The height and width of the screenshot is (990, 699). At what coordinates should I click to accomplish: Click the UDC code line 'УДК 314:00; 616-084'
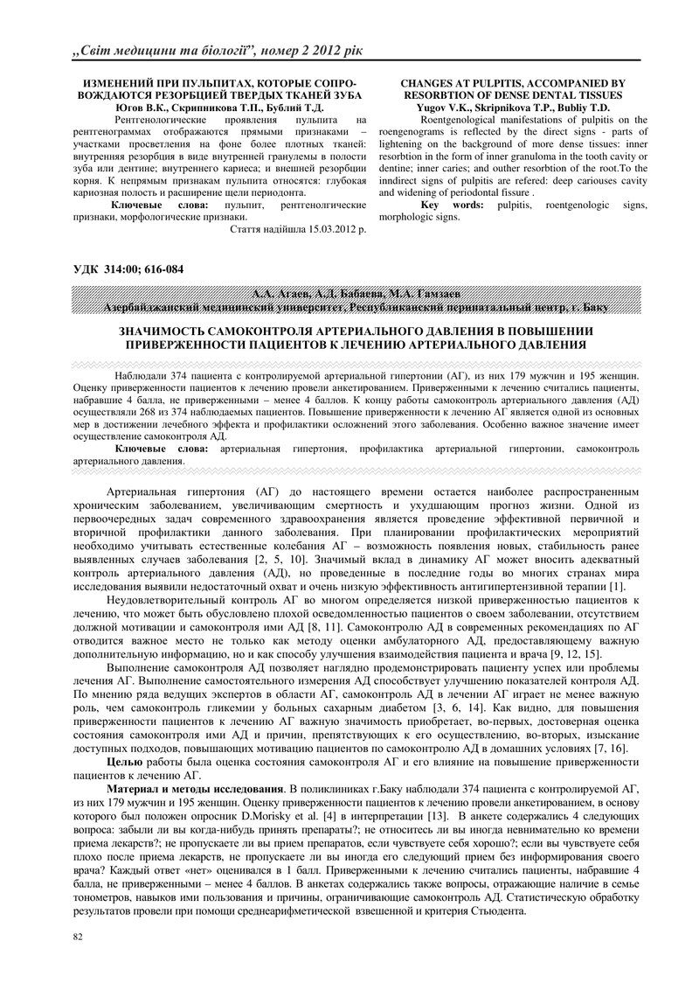(128, 269)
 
